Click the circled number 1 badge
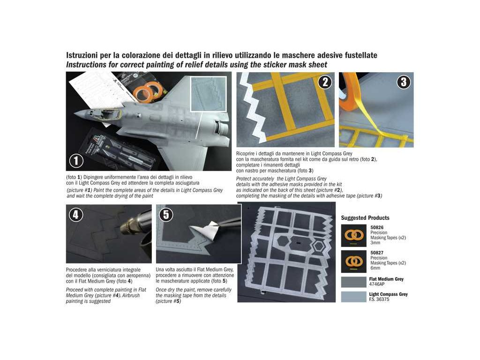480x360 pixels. [76, 161]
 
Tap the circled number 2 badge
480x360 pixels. [325, 82]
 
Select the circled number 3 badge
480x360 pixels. [404, 82]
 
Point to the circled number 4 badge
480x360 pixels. [75, 215]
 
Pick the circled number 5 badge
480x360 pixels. [166, 215]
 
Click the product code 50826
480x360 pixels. [377, 227]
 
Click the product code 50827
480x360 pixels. [377, 253]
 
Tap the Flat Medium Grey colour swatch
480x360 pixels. [353, 282]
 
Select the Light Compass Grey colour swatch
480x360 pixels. [353, 297]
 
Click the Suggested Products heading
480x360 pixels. [365, 218]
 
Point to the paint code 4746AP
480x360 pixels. [377, 285]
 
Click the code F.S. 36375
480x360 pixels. [379, 300]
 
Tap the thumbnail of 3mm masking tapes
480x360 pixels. [353, 235]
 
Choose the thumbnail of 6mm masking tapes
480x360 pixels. [353, 262]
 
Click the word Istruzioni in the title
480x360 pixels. [82, 55]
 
